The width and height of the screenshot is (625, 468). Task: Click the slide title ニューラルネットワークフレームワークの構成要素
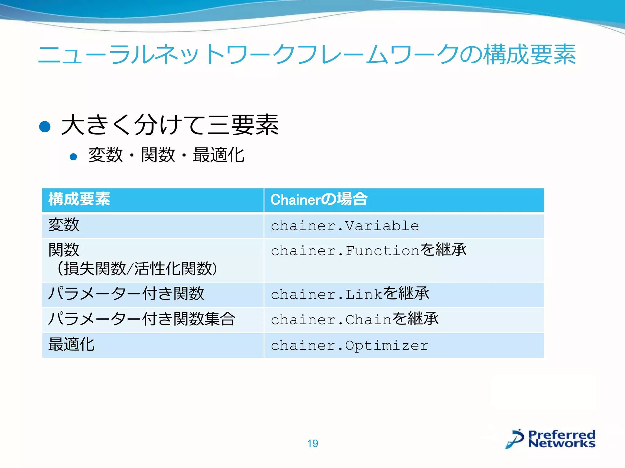point(307,54)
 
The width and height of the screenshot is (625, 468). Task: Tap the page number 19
point(312,443)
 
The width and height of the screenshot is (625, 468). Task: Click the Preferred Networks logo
point(551,439)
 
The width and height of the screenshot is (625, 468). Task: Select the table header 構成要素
point(79,199)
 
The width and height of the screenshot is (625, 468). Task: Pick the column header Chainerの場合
point(319,200)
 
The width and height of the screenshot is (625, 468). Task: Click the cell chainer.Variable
point(345,226)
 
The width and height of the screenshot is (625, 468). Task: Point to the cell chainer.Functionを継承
point(368,250)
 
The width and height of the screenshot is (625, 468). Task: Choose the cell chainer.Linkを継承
point(350,294)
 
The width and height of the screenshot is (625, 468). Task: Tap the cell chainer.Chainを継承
point(354,319)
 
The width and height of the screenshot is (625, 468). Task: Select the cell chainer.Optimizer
point(349,345)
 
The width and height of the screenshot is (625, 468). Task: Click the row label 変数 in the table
point(64,225)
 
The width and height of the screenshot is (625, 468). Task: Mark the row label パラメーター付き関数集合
point(142,319)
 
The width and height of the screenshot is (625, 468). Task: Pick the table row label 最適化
point(71,345)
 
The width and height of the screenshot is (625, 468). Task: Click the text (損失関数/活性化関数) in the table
point(137,269)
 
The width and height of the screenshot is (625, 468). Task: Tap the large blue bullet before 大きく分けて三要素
point(45,126)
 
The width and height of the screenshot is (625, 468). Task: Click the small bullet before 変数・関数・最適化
point(73,157)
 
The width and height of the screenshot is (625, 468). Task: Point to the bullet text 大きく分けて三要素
point(170,125)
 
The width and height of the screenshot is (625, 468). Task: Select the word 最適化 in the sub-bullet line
point(219,155)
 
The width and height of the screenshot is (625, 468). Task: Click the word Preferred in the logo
point(562,434)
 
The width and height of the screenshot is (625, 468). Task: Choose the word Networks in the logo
point(562,443)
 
